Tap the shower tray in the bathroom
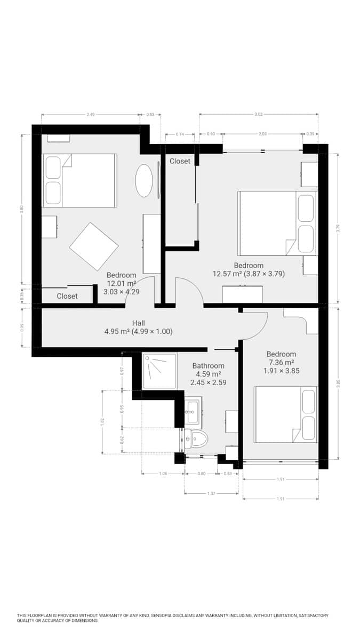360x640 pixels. click(x=159, y=370)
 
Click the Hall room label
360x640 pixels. click(x=138, y=323)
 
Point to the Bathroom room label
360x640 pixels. click(x=208, y=366)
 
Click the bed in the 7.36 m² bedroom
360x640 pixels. click(x=286, y=415)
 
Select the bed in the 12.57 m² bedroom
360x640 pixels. click(x=277, y=223)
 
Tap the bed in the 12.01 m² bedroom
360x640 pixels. click(x=80, y=180)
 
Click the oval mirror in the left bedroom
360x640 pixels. click(x=144, y=180)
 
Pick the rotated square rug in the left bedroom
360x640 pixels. click(x=93, y=246)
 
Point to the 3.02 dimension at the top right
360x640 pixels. click(x=259, y=114)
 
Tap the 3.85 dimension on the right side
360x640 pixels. click(x=338, y=382)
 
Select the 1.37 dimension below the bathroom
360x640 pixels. click(x=211, y=493)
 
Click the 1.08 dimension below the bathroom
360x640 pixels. click(x=163, y=474)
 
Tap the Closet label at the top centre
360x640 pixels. click(x=180, y=161)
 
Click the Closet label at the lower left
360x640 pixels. click(x=67, y=296)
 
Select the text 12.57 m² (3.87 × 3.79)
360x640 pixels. click(x=249, y=274)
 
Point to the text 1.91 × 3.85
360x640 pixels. click(x=281, y=370)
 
